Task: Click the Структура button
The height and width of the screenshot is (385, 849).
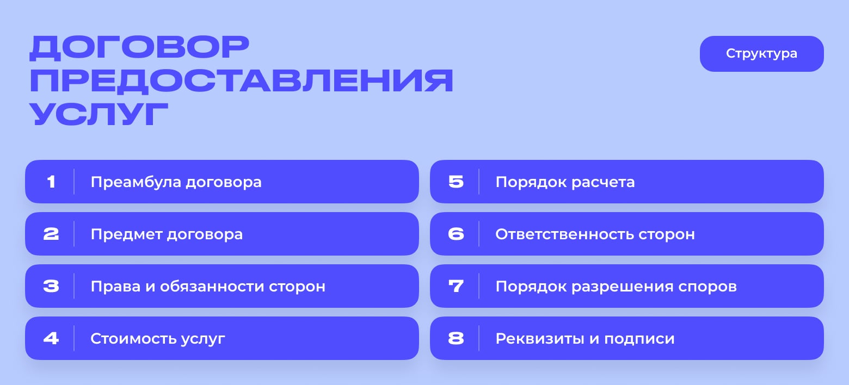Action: (x=761, y=54)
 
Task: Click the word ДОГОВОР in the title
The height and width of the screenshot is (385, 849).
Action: (x=139, y=48)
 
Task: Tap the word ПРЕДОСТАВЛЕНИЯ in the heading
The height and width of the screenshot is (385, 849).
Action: (x=242, y=80)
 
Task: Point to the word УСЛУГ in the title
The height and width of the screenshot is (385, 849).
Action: (x=99, y=114)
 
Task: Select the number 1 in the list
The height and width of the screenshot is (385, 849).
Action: (x=51, y=182)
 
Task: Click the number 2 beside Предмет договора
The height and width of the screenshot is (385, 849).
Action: (x=51, y=234)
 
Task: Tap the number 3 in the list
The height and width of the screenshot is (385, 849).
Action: (x=51, y=286)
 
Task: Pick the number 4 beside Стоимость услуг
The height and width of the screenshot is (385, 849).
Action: (x=51, y=338)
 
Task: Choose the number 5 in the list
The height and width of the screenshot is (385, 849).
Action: (x=456, y=182)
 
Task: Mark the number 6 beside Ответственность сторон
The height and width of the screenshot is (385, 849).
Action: (x=456, y=234)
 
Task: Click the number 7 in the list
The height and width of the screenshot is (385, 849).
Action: (x=456, y=286)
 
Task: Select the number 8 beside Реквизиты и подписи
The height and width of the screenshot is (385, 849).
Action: (x=456, y=338)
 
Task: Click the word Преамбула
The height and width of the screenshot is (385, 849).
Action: (x=136, y=182)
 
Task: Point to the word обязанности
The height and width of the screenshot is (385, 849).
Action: (x=212, y=286)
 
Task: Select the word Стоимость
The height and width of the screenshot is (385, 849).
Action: (x=133, y=338)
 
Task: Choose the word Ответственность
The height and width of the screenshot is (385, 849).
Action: (x=564, y=234)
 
